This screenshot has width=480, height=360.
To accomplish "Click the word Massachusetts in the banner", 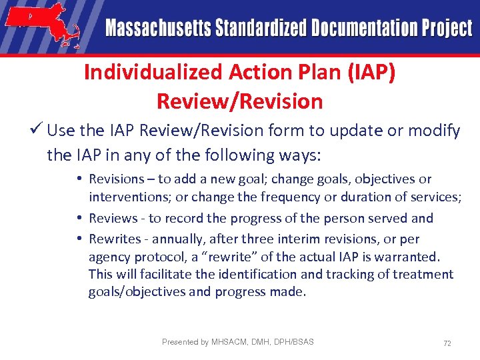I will point(157,29).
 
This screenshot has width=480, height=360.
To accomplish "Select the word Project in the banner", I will point(446,29).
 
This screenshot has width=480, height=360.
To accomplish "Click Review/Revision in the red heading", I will point(239,101).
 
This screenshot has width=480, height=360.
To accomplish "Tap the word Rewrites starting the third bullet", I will point(114,239).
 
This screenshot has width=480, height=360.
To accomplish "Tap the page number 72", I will point(447,343).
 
